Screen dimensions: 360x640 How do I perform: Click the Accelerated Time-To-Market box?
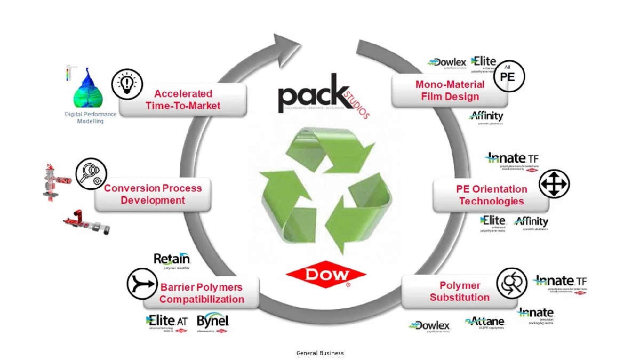coord(183,100)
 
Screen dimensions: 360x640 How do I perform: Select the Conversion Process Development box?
coord(153,194)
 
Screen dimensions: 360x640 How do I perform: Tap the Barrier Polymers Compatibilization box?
coord(202,293)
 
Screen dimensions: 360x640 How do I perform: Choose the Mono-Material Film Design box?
coord(450,91)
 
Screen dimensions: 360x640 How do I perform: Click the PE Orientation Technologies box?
coord(491,195)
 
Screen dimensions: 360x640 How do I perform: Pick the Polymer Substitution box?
coord(459,292)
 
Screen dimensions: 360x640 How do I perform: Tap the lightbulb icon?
coord(127,83)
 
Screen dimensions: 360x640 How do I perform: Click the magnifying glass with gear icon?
coord(91,174)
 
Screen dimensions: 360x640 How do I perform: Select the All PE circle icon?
coord(508,76)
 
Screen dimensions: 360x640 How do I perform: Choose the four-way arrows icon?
coord(554,185)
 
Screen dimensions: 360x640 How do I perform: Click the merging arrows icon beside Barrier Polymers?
coord(142,283)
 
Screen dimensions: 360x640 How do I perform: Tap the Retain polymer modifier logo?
coord(171,260)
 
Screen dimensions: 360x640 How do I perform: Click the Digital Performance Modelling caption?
coord(90,118)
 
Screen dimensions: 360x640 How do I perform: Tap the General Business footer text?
coord(320,353)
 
